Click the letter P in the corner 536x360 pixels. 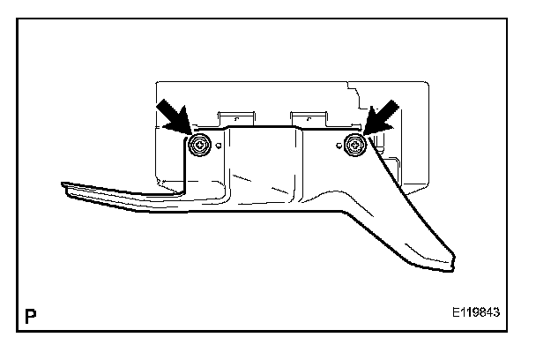coord(32,315)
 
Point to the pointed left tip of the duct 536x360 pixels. coord(63,185)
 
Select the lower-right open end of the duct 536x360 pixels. coord(447,262)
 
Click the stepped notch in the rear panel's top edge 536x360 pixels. coord(350,93)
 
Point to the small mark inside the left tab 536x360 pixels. coord(235,115)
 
